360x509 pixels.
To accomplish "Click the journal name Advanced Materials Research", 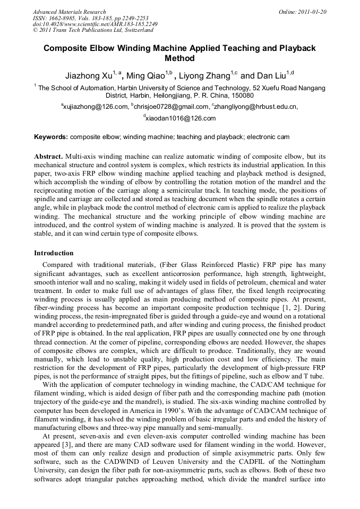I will point(70,12).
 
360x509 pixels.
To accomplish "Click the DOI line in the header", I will point(95,24).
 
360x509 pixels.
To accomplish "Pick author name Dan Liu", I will point(273,76).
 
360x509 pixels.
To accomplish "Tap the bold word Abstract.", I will point(48,157).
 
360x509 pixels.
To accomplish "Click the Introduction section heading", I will point(54,253).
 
